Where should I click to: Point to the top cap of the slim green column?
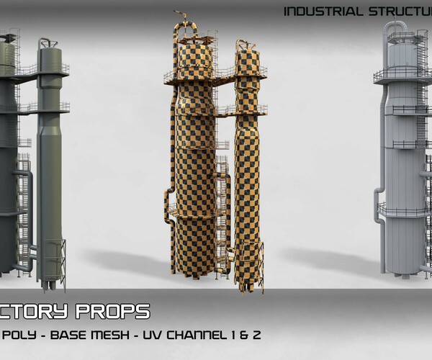(49, 45)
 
